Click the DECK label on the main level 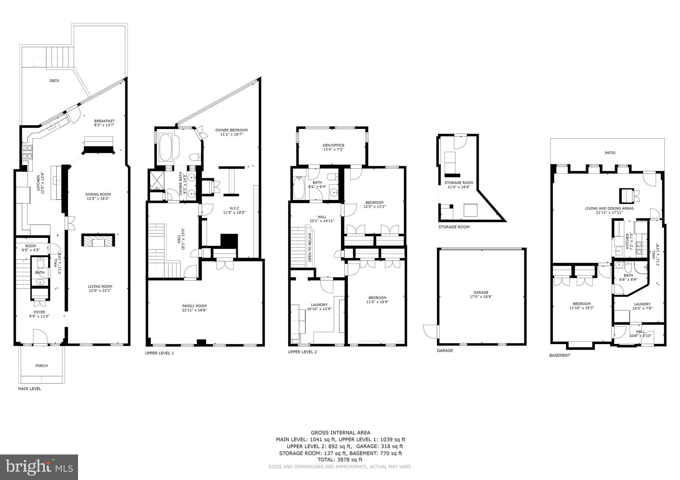coord(54,81)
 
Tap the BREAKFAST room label coord(104,121)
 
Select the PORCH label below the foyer coord(42,366)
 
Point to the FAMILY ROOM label coord(194,306)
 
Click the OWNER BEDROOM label coord(231,130)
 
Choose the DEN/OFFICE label coord(333,145)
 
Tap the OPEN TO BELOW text coord(310,247)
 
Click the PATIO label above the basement coord(610,153)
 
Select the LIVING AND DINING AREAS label coord(609,209)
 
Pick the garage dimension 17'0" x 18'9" coord(481,297)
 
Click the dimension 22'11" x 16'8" coord(194,310)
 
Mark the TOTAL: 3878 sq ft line coord(340,459)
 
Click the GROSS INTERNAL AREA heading coord(340,433)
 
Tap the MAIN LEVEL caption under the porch coord(30,389)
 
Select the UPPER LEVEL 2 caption coord(302,352)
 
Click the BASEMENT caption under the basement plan coord(559,355)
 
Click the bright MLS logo coord(39,467)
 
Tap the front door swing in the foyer coord(40,336)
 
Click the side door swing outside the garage coord(431,331)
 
